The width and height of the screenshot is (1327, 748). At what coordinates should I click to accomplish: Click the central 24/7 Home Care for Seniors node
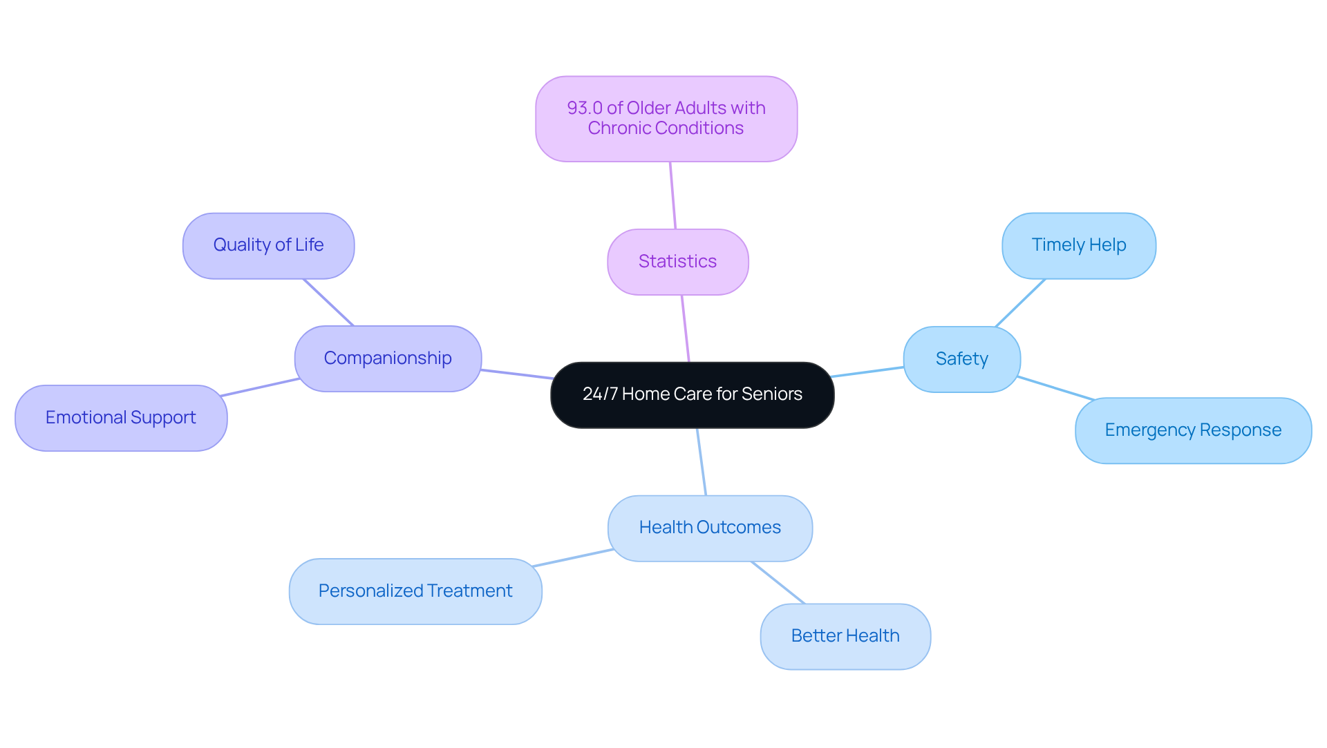tap(692, 394)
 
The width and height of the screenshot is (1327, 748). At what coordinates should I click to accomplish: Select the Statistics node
tap(677, 262)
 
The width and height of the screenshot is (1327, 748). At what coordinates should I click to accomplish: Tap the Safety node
tap(961, 359)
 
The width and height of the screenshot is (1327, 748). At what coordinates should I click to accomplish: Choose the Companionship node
tap(388, 358)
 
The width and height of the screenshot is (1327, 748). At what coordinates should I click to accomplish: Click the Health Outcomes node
tap(710, 528)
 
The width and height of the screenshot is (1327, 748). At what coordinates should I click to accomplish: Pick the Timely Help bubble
tap(1078, 245)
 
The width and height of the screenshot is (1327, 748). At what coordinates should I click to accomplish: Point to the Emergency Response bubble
tap(1193, 430)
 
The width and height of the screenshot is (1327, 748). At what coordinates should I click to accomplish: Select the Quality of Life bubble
tap(268, 245)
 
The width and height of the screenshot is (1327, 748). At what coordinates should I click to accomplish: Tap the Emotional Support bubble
tap(121, 418)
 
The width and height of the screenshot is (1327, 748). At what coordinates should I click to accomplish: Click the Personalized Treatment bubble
tap(415, 591)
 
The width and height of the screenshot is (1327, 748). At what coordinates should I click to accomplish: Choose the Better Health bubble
tap(845, 636)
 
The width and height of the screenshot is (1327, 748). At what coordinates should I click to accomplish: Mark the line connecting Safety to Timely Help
tap(1020, 303)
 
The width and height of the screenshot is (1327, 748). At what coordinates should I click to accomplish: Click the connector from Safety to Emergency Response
tap(1056, 388)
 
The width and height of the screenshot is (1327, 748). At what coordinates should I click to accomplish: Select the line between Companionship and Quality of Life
tap(328, 302)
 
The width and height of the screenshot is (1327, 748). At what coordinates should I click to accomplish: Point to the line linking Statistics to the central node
tap(686, 329)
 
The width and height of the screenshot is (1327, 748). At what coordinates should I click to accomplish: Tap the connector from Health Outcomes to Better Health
tap(778, 583)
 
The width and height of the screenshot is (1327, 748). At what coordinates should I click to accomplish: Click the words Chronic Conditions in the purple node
tap(666, 128)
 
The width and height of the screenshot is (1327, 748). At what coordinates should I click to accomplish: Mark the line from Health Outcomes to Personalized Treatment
tap(573, 558)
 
